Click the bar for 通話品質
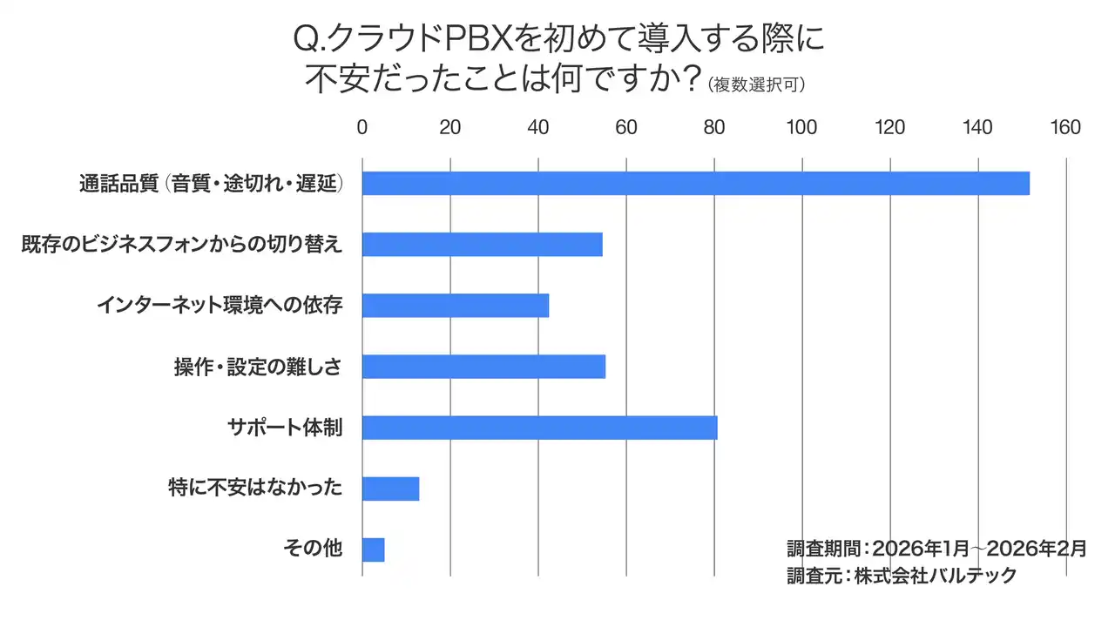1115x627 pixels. [695, 184]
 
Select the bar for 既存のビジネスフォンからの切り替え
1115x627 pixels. [482, 245]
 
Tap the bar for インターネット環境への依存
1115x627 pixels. [455, 306]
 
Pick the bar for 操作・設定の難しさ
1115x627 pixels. [483, 367]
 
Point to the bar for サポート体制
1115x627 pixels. [539, 428]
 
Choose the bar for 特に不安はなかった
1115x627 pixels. [390, 489]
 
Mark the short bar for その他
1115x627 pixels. [373, 549]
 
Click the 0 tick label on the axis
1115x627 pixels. [362, 128]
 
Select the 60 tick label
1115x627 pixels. [626, 128]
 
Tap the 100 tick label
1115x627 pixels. [801, 128]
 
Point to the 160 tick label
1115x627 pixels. [1065, 128]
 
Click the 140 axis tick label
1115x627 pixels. [977, 128]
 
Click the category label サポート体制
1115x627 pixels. [284, 428]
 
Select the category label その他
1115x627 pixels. [313, 549]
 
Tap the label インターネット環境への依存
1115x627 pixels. [220, 307]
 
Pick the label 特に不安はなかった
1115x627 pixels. [254, 489]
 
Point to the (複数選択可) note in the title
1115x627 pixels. [756, 84]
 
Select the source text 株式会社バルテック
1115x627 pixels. [935, 576]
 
